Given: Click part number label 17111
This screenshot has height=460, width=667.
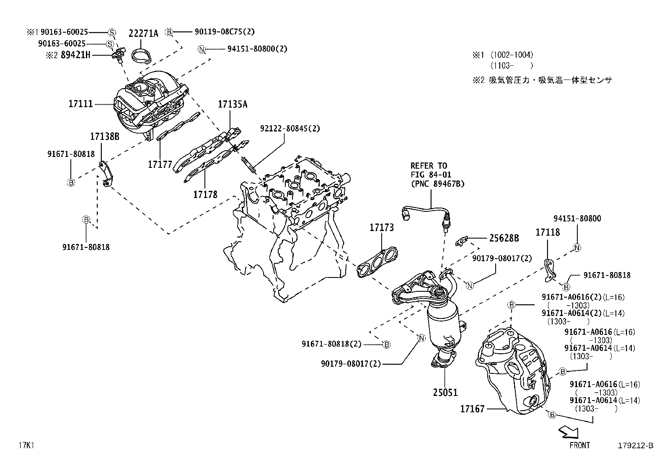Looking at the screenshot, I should pos(80,103).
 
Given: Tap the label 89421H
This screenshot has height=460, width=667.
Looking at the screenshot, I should pos(76,55).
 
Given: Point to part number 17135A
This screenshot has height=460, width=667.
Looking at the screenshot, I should pos(233,104).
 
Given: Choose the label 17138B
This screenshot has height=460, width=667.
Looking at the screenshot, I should pos(105,136).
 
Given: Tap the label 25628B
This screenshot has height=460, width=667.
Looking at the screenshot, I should pos(504,238).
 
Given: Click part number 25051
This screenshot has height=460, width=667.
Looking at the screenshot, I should pos(445,393).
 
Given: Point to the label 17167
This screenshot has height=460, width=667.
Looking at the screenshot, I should pos(472,409).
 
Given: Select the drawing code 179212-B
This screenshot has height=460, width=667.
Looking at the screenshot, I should pos(635,446).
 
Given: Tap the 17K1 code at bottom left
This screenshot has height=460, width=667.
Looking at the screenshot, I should pos(26,445).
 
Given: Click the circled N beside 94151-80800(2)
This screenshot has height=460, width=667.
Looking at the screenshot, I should pos(202,49).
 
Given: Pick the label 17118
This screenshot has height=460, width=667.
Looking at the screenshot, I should pos(547,232).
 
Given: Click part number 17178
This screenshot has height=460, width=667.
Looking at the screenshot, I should pos(205,194).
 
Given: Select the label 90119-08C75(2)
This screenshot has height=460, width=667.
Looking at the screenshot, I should pos(225,31).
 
